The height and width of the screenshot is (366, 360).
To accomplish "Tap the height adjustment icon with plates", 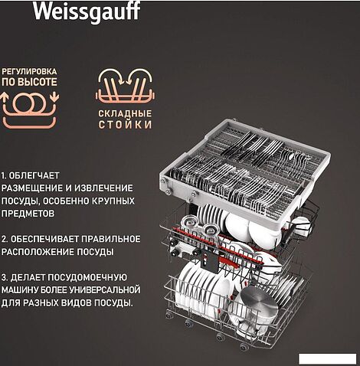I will tap(30, 105).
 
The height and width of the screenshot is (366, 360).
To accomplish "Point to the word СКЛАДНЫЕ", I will tap(123, 112).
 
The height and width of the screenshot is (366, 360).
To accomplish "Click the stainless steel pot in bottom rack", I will tap(261, 303).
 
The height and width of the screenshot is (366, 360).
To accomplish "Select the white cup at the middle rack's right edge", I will tap(300, 224).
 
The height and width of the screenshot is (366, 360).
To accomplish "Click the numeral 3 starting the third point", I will tap(5, 276).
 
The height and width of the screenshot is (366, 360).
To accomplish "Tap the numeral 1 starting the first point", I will tap(5, 175).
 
